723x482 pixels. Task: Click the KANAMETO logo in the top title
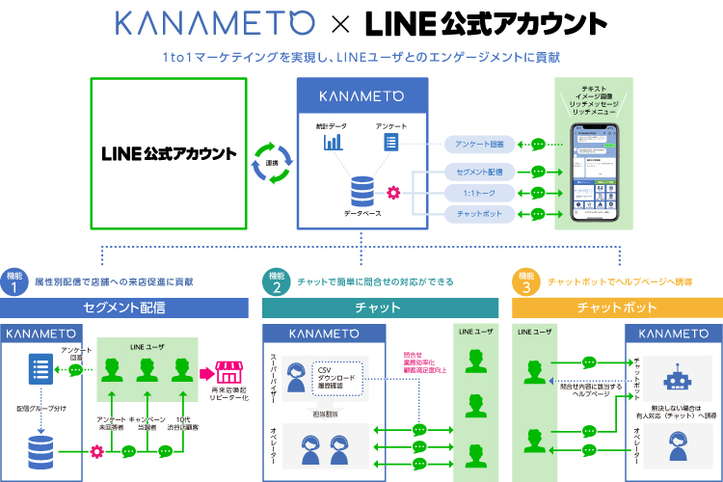[x=213, y=23]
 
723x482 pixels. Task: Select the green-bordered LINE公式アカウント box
[x=169, y=154]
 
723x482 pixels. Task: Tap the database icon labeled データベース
[x=361, y=186]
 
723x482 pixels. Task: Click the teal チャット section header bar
[x=380, y=308]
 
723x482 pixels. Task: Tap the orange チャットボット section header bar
[x=617, y=308]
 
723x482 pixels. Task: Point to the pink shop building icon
[x=229, y=371]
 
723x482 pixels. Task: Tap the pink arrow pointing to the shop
[x=205, y=372]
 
